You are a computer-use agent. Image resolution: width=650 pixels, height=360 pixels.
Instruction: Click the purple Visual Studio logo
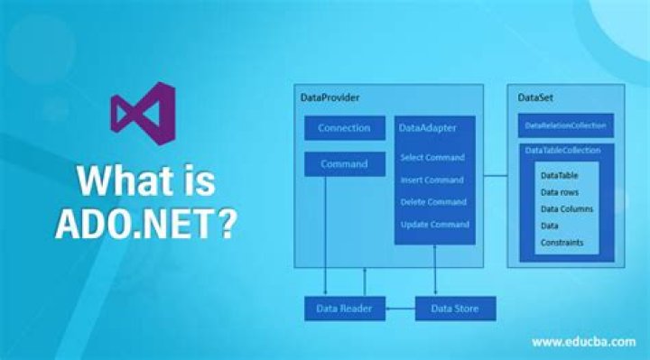point(143,114)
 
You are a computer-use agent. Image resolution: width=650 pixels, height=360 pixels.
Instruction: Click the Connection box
point(345,128)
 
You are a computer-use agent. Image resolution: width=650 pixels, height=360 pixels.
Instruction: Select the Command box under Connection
point(345,164)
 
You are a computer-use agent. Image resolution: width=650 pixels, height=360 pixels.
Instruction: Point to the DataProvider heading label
point(330,97)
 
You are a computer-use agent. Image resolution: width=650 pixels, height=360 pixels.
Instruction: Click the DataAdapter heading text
point(427,128)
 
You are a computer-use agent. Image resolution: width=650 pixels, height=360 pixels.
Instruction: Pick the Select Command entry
point(432,157)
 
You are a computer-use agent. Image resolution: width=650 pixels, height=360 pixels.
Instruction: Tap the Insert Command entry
point(432,180)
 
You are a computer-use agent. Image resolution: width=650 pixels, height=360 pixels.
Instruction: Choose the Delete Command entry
point(433,202)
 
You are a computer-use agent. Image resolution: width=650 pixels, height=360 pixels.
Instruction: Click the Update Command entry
point(435,225)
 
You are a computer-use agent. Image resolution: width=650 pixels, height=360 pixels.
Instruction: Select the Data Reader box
point(345,309)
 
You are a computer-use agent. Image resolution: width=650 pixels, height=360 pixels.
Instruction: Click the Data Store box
point(455,309)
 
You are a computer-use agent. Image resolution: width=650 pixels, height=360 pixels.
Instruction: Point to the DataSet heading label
point(535,97)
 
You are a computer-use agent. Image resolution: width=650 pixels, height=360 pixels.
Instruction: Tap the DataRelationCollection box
point(566,125)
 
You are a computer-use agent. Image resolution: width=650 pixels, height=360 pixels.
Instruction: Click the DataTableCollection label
point(562,151)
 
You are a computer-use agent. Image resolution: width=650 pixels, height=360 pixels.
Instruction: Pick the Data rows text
point(560,193)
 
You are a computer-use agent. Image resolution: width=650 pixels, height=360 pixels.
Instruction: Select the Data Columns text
point(567,209)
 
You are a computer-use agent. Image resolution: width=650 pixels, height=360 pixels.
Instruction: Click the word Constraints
point(562,243)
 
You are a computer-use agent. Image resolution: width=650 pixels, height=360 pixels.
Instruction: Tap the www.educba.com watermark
point(584,342)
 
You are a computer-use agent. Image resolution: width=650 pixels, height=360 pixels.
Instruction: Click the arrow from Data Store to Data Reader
point(401,309)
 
